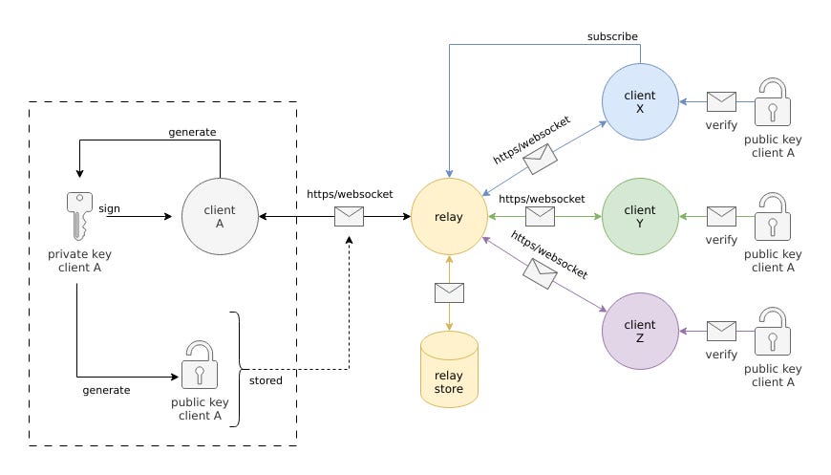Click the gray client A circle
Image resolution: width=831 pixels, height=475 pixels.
click(x=221, y=217)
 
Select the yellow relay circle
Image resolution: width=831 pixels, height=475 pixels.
click(x=449, y=217)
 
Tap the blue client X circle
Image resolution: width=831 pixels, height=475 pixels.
click(x=640, y=102)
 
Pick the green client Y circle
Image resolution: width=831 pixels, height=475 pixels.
click(x=640, y=217)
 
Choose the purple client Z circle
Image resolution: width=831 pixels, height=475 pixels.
click(x=640, y=332)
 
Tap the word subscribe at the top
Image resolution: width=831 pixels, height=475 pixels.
click(x=612, y=36)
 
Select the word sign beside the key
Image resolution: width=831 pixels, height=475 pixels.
click(x=110, y=204)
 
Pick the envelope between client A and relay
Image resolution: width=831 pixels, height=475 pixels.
click(x=349, y=217)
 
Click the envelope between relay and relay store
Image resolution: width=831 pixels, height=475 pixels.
click(x=449, y=292)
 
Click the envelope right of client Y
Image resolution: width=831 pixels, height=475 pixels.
click(x=721, y=217)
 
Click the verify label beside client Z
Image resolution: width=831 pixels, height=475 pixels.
click(x=721, y=354)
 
